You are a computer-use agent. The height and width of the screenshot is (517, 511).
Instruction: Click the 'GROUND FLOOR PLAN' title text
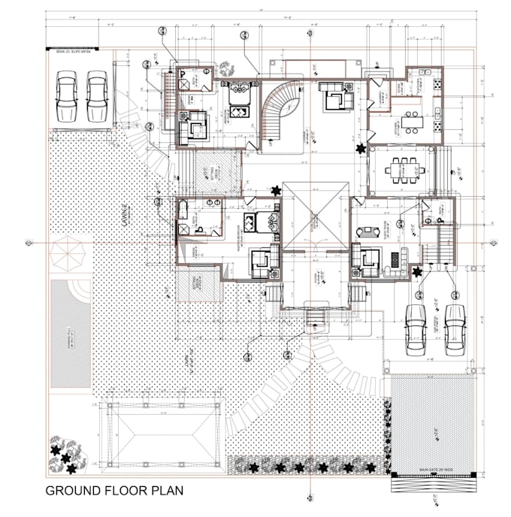click(x=114, y=492)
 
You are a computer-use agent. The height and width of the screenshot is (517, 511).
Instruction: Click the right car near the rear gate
click(x=97, y=96)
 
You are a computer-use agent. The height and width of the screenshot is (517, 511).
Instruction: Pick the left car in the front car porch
click(x=416, y=329)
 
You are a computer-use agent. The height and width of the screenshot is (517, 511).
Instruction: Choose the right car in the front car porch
click(x=455, y=329)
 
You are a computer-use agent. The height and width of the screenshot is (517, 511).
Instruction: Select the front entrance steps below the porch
click(x=313, y=324)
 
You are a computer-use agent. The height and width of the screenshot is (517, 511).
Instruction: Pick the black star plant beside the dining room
click(x=362, y=148)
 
